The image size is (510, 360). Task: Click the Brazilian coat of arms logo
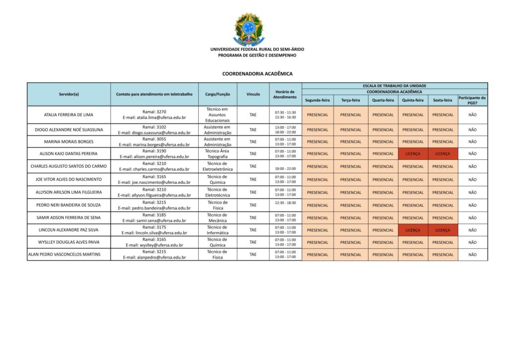point(249,29)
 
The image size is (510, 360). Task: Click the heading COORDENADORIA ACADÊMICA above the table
point(257,74)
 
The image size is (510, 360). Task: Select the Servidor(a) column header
point(69,94)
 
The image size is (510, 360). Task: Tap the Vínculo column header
point(253,94)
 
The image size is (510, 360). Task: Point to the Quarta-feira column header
point(383,100)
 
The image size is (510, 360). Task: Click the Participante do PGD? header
point(472,100)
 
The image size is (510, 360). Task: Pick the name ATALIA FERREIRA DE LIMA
point(69,115)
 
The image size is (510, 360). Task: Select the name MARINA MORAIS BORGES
point(69,142)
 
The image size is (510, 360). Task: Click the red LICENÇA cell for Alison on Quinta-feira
point(413,154)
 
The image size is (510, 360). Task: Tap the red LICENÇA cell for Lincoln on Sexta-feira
point(443,230)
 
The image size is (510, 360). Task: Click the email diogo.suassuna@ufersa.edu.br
point(154,133)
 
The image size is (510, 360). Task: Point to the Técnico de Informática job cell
point(217,230)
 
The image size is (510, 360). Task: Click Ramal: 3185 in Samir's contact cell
point(154,215)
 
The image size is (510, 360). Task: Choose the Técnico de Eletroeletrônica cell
point(217,166)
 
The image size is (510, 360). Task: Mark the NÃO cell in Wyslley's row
point(472,242)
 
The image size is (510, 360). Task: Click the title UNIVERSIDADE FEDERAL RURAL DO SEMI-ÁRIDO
point(257,49)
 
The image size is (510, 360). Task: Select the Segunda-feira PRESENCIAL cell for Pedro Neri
point(318,205)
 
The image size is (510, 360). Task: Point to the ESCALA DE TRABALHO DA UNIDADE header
point(394,86)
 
